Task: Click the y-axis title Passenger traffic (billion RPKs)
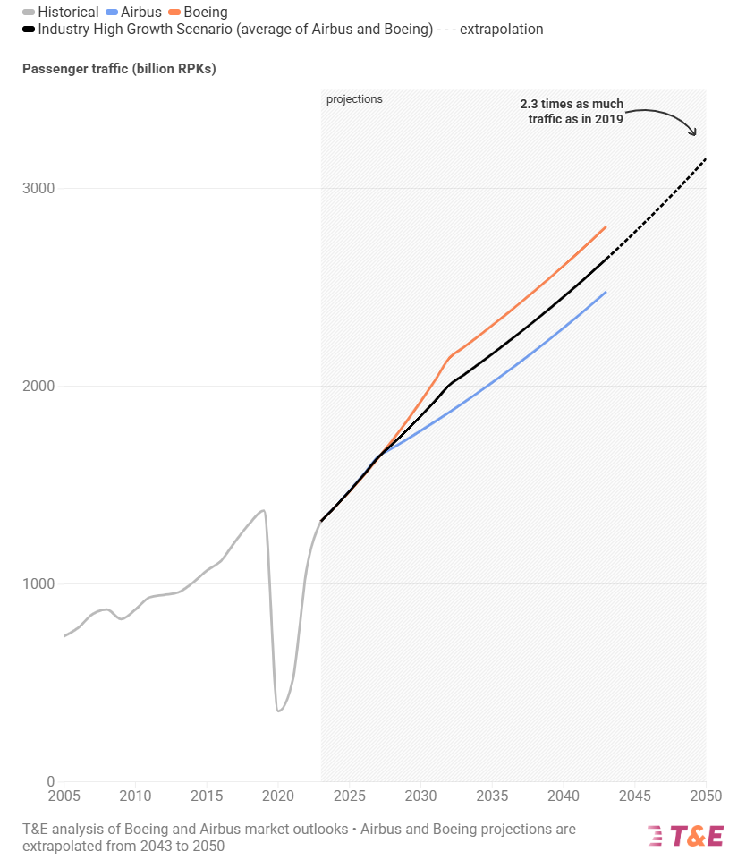[x=119, y=69]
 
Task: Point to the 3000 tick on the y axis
[x=38, y=189]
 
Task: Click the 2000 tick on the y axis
[x=38, y=387]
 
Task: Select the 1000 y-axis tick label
[x=38, y=584]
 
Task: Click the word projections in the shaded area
[x=354, y=99]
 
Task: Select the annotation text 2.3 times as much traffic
[x=572, y=111]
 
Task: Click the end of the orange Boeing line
[x=606, y=227]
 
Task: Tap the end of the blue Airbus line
[x=606, y=293]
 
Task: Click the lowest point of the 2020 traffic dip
[x=278, y=711]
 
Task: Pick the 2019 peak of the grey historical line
[x=263, y=510]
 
